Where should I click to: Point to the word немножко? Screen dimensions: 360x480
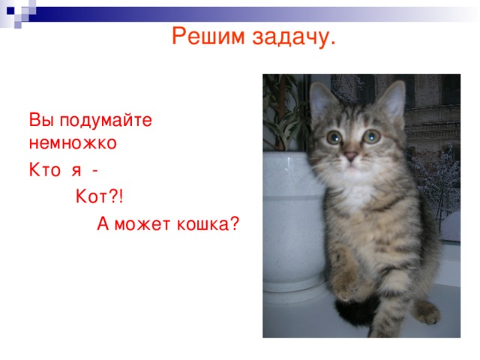click(73, 140)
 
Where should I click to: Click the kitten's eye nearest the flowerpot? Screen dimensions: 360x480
click(334, 138)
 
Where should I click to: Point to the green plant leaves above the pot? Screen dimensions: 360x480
click(285, 112)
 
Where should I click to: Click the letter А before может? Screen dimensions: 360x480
click(103, 223)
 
